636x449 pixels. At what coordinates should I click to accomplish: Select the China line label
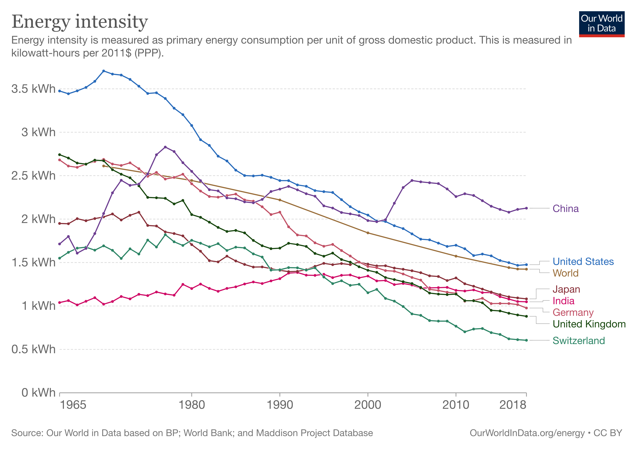(x=565, y=209)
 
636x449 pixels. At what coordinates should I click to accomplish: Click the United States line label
(x=583, y=262)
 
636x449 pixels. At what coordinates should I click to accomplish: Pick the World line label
(x=565, y=273)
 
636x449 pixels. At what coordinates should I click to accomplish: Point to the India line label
(x=563, y=301)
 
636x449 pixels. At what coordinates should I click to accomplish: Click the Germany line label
(x=573, y=312)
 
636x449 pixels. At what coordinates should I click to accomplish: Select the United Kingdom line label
(x=589, y=324)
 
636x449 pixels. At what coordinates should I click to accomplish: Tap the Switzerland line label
(x=579, y=340)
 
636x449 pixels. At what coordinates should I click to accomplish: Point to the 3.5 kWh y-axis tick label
(x=33, y=89)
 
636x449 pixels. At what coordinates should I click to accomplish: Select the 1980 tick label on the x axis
(x=191, y=405)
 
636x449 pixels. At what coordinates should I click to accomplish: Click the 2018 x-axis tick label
(x=513, y=405)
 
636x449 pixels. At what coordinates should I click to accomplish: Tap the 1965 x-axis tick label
(x=73, y=405)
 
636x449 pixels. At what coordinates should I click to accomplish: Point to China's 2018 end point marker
(x=526, y=208)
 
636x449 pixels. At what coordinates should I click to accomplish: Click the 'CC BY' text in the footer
(x=608, y=433)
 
